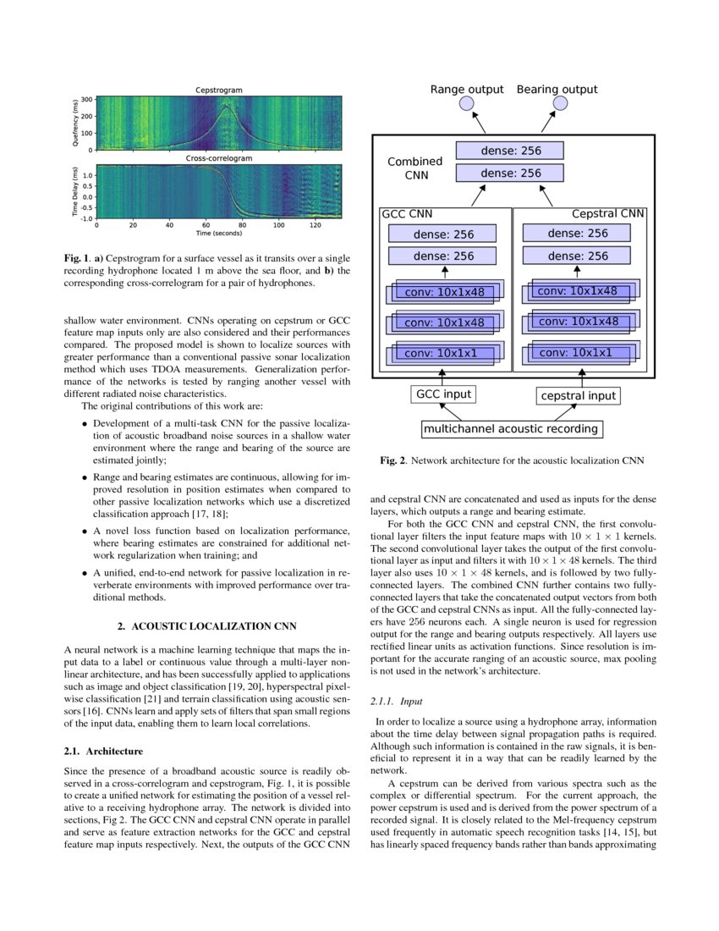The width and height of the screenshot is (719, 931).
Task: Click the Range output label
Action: pos(467,89)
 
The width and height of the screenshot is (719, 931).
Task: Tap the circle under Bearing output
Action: pos(559,103)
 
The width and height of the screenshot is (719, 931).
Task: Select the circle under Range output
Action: pos(467,103)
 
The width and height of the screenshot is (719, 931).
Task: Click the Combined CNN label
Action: pos(414,168)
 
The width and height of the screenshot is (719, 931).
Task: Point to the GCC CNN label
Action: pos(408,214)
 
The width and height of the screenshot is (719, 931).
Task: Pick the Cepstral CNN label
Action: pos(608,213)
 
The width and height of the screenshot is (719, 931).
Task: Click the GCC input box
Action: pos(442,394)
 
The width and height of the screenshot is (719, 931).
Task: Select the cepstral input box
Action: pos(578,395)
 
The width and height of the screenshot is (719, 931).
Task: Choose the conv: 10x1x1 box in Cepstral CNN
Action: pos(576,352)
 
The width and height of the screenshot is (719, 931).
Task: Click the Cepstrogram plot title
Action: pos(219,90)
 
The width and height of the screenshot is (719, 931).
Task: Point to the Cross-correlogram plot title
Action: pos(219,158)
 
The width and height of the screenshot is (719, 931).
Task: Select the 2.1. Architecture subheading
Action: pos(103,751)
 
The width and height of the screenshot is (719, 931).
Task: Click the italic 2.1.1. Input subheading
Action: pos(397,701)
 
